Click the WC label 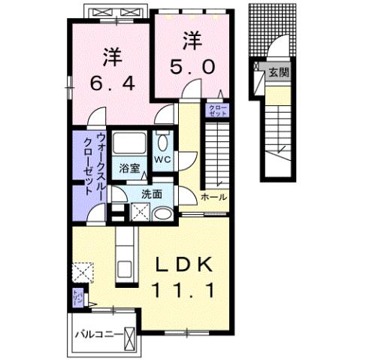point(164,160)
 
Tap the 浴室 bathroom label point(129,168)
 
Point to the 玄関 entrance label point(279,74)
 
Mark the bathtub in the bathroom point(131,145)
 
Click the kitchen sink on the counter point(124,268)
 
